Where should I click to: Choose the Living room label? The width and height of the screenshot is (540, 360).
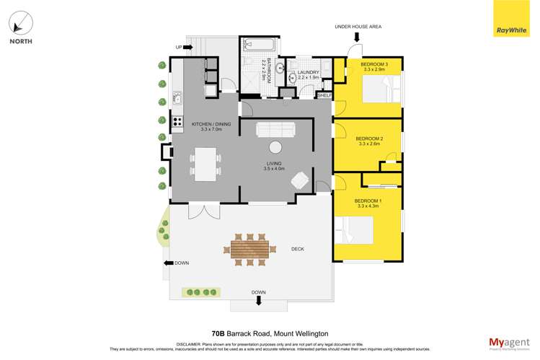point(275,166)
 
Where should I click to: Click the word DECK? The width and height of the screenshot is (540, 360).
point(298,249)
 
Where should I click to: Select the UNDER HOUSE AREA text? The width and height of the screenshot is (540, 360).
point(358,26)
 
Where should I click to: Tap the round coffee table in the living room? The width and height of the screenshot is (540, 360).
point(275,147)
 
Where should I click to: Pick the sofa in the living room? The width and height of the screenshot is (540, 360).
point(275,129)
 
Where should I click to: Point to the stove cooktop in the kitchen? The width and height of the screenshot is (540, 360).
point(177,122)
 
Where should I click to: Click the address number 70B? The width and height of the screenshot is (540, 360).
point(218,333)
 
